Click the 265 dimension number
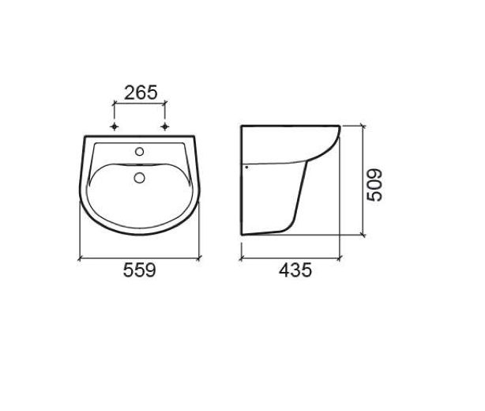click(141, 92)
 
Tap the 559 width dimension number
click(140, 270)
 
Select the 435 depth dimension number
click(295, 270)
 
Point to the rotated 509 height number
click(374, 185)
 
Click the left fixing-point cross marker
click(115, 126)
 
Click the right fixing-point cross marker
click(165, 126)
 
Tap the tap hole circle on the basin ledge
click(140, 151)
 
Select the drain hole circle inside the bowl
click(140, 177)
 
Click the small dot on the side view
click(246, 167)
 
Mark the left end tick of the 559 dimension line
click(80, 258)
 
